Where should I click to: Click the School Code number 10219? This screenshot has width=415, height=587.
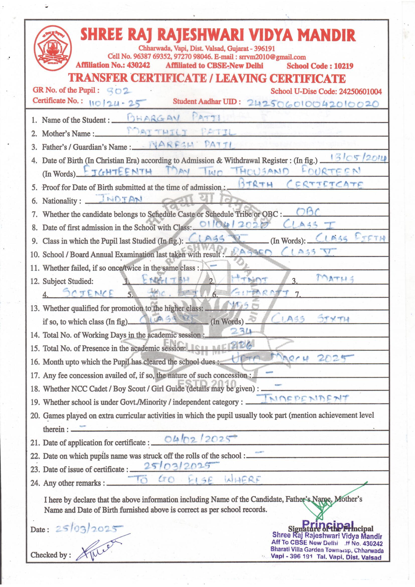point(343,66)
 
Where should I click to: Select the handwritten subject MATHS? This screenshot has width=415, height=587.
point(335,278)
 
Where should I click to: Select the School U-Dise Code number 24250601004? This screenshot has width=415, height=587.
point(360,92)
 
